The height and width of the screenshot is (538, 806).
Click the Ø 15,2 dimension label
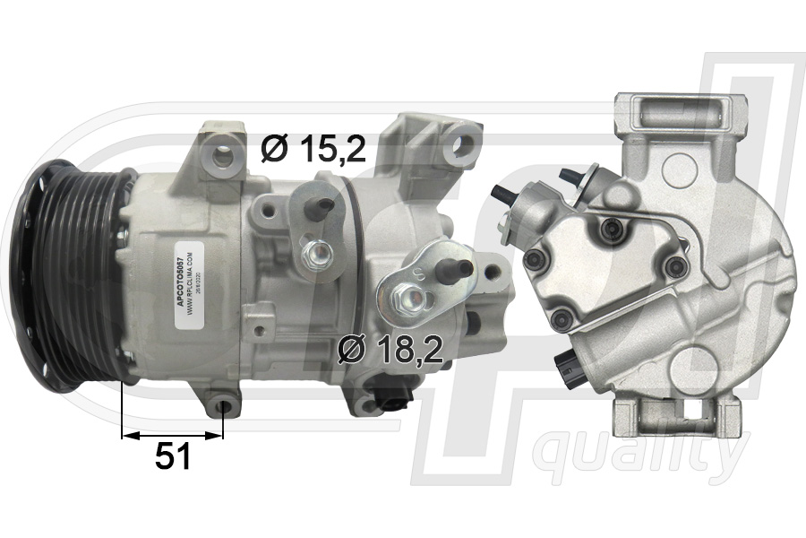pyautogui.click(x=313, y=148)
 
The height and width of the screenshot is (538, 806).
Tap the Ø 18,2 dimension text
pyautogui.click(x=391, y=350)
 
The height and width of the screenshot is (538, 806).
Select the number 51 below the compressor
pyautogui.click(x=173, y=457)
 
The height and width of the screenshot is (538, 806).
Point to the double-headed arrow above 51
pyautogui.click(x=172, y=435)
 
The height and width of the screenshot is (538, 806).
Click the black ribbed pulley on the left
pyautogui.click(x=76, y=273)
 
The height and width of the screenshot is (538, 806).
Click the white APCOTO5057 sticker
pyautogui.click(x=185, y=277)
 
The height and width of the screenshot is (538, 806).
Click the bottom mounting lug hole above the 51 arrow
pyautogui.click(x=224, y=409)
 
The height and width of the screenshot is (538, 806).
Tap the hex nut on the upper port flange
pyautogui.click(x=317, y=256)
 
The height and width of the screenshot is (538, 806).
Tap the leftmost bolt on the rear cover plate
pyautogui.click(x=536, y=260)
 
